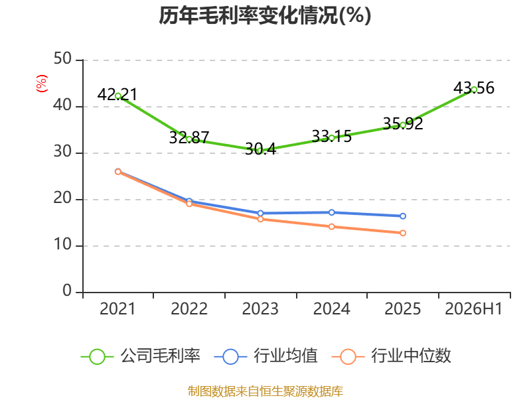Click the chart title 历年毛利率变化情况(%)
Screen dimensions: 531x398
[x=265, y=15]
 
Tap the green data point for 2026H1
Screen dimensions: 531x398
[x=474, y=90]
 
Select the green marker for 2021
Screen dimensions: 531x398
[x=118, y=96]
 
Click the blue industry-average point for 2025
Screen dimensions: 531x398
[x=403, y=216]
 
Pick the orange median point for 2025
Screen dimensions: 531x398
[x=403, y=233]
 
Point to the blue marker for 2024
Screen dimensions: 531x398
[x=331, y=212]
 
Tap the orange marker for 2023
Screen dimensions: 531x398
[x=260, y=219]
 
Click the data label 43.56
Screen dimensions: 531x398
[x=474, y=88]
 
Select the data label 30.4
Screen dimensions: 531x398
[x=260, y=149]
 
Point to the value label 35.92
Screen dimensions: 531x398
[x=403, y=123]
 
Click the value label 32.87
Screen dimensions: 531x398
[x=189, y=137]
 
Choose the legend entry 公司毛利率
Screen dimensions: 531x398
[x=141, y=356]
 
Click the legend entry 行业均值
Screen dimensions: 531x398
[x=266, y=356]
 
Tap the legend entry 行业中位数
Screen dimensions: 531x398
[x=392, y=356]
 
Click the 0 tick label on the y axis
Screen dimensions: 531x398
[x=67, y=291]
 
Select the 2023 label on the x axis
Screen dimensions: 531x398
[x=260, y=308]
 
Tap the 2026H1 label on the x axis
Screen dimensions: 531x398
[x=473, y=308]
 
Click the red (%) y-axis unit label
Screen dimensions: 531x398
[x=42, y=84]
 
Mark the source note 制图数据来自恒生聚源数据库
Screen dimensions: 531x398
[x=265, y=391]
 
